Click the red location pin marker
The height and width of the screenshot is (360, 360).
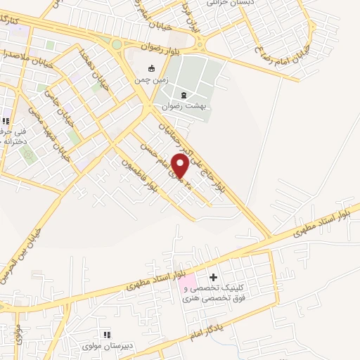click(180, 165)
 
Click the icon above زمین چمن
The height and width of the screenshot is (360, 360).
click(152, 69)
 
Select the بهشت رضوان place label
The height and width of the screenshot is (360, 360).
click(184, 107)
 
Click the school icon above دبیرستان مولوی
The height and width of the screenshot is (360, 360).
click(107, 335)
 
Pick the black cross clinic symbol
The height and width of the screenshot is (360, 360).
click(214, 277)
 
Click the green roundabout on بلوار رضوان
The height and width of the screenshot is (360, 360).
click(116, 44)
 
